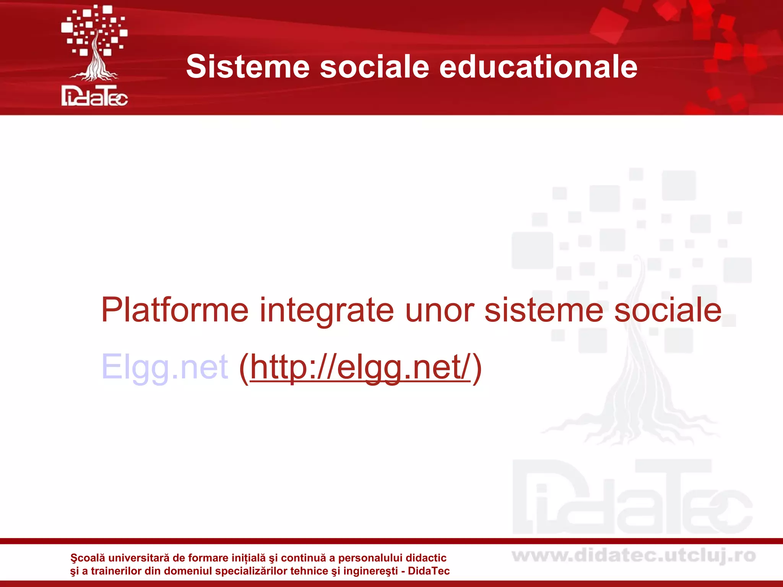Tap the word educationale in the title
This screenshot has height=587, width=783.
[x=538, y=67]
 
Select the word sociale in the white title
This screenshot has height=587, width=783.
[x=374, y=67]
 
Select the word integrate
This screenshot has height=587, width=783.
[x=327, y=310]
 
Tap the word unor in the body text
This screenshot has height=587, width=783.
[x=439, y=310]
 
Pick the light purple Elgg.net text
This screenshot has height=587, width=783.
[x=164, y=367]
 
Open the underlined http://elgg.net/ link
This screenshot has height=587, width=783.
[x=360, y=367]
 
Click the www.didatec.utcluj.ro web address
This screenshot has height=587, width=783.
[x=634, y=556]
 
